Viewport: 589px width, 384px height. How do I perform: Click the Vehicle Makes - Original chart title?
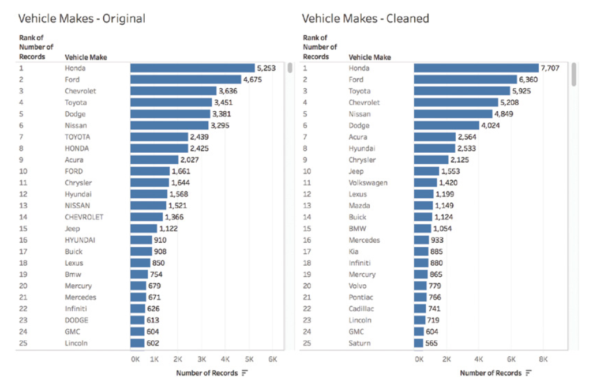pyautogui.click(x=81, y=18)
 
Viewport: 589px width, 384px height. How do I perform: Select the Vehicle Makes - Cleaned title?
pyautogui.click(x=365, y=18)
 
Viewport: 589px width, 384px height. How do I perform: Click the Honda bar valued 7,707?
pyautogui.click(x=476, y=68)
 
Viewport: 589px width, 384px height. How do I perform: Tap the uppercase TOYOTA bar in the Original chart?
pyautogui.click(x=159, y=137)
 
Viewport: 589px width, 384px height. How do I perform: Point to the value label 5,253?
pyautogui.click(x=267, y=68)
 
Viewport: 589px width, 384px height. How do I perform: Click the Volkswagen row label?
pyautogui.click(x=368, y=183)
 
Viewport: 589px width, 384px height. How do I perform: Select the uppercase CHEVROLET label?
pyautogui.click(x=84, y=217)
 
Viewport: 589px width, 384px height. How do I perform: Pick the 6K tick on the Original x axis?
pyautogui.click(x=273, y=359)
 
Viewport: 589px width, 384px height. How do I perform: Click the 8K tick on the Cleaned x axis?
pyautogui.click(x=543, y=359)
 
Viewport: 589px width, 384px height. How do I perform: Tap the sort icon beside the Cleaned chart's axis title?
pyautogui.click(x=528, y=373)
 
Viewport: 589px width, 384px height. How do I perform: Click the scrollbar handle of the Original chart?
pyautogui.click(x=290, y=68)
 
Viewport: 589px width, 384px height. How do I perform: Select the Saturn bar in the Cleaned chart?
pyautogui.click(x=418, y=343)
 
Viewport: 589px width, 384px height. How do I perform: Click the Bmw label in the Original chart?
pyautogui.click(x=73, y=274)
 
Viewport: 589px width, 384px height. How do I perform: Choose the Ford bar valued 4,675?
pyautogui.click(x=186, y=80)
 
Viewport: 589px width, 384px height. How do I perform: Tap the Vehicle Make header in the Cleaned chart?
pyautogui.click(x=370, y=57)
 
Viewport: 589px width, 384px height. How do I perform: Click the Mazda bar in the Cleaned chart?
pyautogui.click(x=423, y=206)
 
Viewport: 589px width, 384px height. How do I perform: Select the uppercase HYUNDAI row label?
pyautogui.click(x=80, y=240)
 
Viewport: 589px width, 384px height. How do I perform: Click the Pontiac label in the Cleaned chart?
pyautogui.click(x=361, y=298)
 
